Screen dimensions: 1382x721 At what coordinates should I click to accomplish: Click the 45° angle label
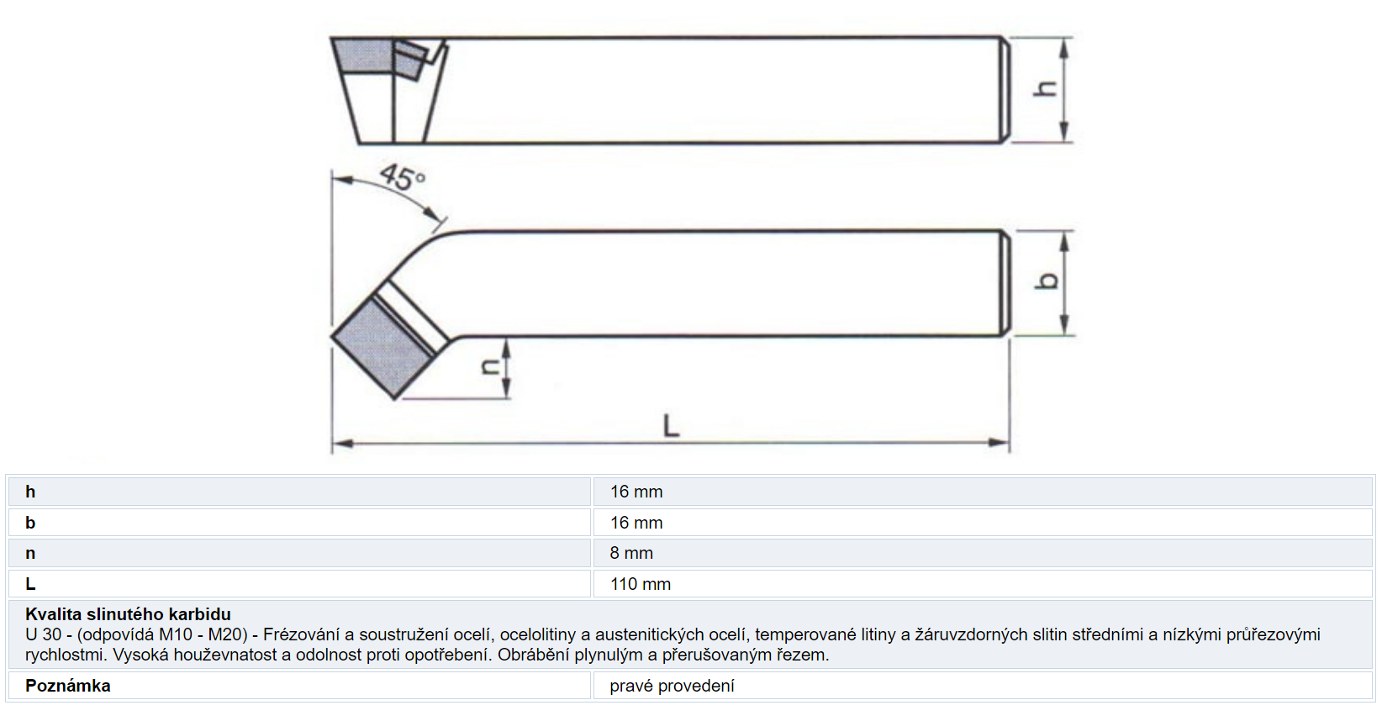403,177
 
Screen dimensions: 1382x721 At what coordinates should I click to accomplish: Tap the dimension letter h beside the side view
1045,89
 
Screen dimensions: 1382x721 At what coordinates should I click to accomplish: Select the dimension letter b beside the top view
1046,282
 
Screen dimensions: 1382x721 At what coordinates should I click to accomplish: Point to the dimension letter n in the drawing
490,367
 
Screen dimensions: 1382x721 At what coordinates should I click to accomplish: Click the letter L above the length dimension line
672,426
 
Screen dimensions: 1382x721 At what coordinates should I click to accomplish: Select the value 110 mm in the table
640,584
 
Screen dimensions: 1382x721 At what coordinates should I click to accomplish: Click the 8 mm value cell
631,553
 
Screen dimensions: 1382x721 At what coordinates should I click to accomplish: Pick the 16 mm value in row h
636,492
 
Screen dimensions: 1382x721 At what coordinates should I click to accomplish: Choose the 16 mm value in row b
636,523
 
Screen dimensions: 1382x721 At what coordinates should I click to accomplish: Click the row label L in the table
30,584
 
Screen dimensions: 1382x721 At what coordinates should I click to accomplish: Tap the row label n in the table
30,554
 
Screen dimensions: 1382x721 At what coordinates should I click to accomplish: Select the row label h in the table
30,492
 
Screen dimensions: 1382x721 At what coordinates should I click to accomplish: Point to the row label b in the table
30,523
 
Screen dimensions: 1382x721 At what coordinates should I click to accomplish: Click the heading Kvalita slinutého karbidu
128,614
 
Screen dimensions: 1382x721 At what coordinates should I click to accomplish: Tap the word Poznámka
68,686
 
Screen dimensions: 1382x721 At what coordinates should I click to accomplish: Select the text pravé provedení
672,687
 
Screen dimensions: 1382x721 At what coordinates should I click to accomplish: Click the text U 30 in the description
42,634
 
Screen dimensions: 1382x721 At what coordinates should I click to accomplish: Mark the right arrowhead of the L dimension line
999,442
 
